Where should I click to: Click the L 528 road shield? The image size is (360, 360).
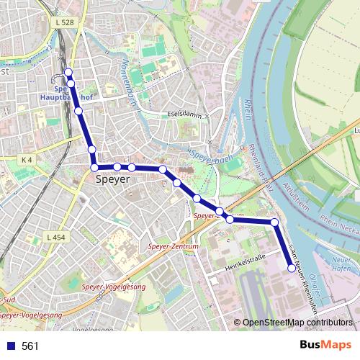pos(64,23)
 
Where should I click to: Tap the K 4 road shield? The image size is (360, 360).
pos(27,159)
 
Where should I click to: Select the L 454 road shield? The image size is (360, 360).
pos(55,237)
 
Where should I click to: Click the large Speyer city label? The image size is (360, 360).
pos(112,180)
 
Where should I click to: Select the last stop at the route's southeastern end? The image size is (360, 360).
pos(292,269)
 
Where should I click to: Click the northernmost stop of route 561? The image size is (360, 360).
pos(68,72)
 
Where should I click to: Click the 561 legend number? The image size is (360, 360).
pos(30,346)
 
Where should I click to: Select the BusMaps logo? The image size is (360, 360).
pos(326,346)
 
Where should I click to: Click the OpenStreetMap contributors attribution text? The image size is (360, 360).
pos(296,323)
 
